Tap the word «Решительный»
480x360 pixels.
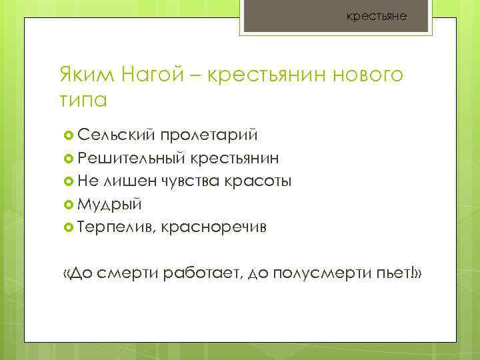point(131,158)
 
